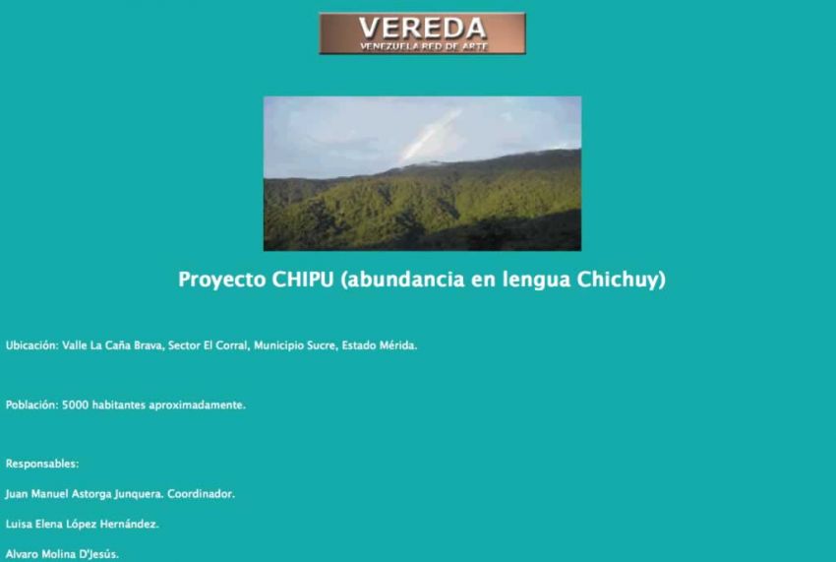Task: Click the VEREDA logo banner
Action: (422, 33)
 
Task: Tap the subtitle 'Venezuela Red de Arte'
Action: (424, 46)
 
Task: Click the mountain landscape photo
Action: (422, 173)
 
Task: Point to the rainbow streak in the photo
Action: (430, 136)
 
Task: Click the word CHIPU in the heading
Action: (303, 280)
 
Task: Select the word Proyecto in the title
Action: (222, 281)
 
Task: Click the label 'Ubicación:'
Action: (31, 345)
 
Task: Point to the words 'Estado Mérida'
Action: (378, 345)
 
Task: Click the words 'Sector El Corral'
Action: (208, 345)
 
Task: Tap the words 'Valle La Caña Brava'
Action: (111, 345)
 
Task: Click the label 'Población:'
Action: (31, 406)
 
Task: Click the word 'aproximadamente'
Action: (196, 406)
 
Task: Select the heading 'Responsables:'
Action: (42, 464)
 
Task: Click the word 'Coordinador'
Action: (201, 494)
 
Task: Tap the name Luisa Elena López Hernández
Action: (82, 524)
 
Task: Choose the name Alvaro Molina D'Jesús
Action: (62, 554)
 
